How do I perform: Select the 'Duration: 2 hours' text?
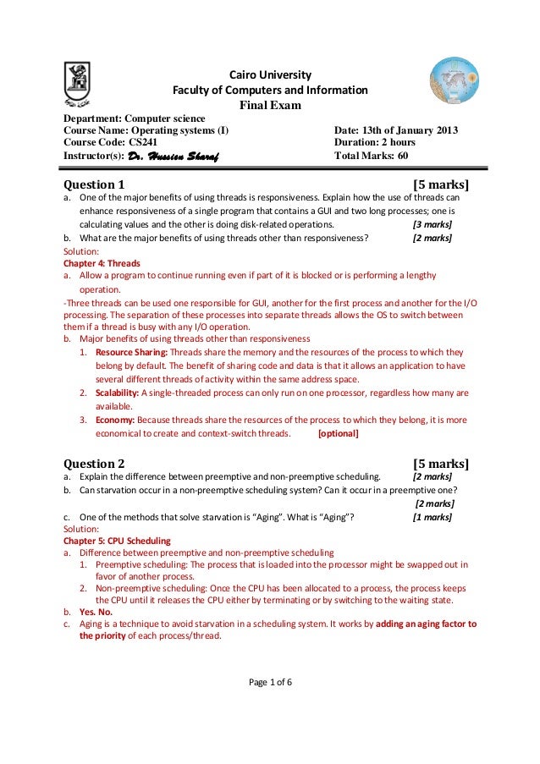[375, 143]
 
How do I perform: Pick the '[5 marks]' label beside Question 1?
[440, 184]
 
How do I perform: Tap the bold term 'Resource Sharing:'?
[132, 351]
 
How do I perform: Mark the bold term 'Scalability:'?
[118, 393]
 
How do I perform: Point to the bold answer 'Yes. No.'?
[96, 610]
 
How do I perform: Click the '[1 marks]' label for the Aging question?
[431, 517]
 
